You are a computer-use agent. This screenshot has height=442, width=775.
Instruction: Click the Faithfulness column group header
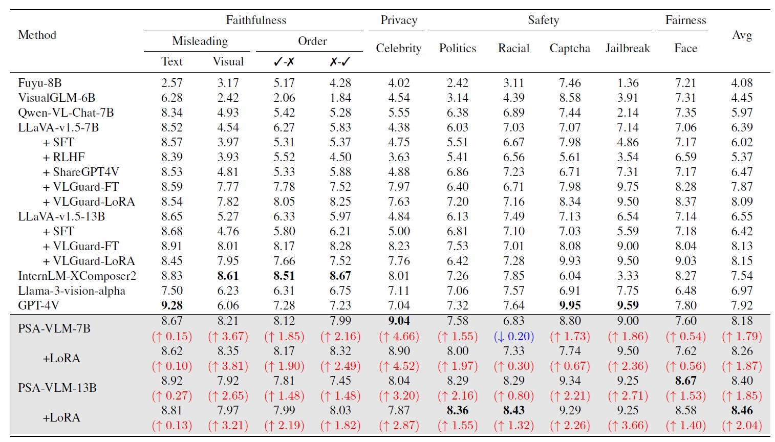click(x=256, y=20)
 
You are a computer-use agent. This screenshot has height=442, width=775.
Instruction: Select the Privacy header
click(x=399, y=20)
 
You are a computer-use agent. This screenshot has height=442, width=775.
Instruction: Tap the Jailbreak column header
click(x=628, y=48)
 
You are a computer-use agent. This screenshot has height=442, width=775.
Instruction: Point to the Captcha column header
click(x=570, y=48)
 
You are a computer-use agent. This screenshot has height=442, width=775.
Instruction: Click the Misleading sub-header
click(x=200, y=41)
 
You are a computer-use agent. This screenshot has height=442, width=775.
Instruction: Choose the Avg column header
click(x=742, y=35)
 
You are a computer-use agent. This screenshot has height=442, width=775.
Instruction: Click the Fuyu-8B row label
click(x=40, y=83)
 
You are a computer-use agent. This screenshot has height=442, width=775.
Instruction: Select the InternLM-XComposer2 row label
click(x=77, y=276)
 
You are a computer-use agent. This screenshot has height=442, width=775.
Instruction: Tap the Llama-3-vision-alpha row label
click(x=72, y=291)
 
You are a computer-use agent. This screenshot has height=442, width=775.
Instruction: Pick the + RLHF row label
click(x=64, y=157)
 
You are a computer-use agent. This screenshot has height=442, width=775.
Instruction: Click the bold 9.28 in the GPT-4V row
click(x=172, y=305)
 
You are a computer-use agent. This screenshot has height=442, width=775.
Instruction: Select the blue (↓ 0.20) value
click(x=514, y=336)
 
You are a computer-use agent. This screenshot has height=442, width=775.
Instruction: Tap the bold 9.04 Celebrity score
click(x=399, y=321)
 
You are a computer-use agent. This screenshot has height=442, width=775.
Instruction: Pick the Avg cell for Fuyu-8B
click(x=742, y=83)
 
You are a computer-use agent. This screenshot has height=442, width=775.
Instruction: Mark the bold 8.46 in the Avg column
click(x=742, y=410)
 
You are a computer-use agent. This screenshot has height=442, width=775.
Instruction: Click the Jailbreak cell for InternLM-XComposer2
click(x=628, y=276)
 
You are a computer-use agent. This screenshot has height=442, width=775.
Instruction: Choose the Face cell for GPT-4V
click(x=685, y=305)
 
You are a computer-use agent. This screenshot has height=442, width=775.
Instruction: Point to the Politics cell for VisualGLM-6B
click(x=458, y=98)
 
